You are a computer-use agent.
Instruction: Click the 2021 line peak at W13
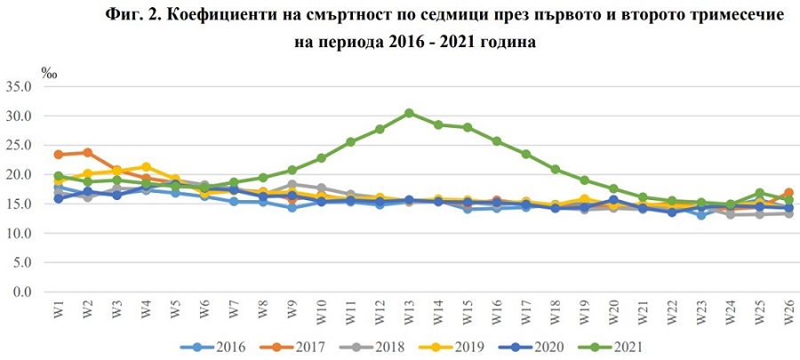(408, 113)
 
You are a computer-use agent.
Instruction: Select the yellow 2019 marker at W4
(146, 167)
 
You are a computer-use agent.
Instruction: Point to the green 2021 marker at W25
(760, 193)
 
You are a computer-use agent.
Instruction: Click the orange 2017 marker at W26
(788, 193)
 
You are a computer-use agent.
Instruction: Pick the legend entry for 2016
(204, 346)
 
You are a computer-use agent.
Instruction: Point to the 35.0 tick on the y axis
(19, 87)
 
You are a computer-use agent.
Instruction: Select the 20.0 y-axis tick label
(19, 175)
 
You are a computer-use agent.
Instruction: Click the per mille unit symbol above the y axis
(49, 71)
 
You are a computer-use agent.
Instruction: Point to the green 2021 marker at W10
(322, 158)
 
